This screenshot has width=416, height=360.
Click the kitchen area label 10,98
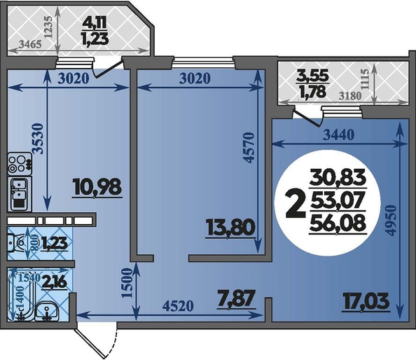(98, 187)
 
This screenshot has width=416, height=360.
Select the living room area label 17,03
(366, 301)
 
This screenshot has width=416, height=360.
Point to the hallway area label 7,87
(236, 298)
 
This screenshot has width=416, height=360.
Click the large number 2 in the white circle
(295, 205)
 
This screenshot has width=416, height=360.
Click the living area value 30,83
(338, 177)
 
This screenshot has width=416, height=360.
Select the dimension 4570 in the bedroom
(249, 148)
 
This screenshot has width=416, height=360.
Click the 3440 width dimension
(339, 135)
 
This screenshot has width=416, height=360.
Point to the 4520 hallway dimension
(178, 306)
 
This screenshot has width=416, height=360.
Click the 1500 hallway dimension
(126, 283)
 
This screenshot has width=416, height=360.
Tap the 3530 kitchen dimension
(37, 138)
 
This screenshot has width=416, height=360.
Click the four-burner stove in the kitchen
(20, 164)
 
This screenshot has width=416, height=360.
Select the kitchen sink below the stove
(20, 193)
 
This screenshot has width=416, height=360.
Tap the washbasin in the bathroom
(47, 311)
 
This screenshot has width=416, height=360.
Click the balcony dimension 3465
(30, 44)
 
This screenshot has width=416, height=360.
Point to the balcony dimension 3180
(350, 96)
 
